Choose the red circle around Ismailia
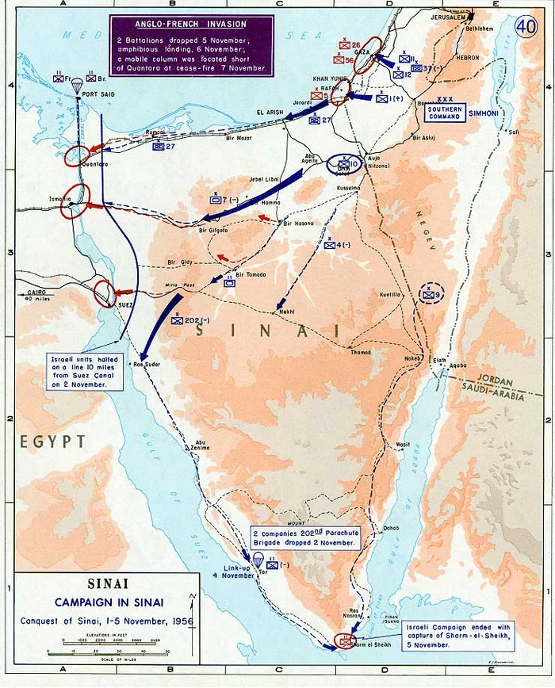[x=75, y=201]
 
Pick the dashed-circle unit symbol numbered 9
[x=431, y=295]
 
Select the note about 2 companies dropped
[x=305, y=538]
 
